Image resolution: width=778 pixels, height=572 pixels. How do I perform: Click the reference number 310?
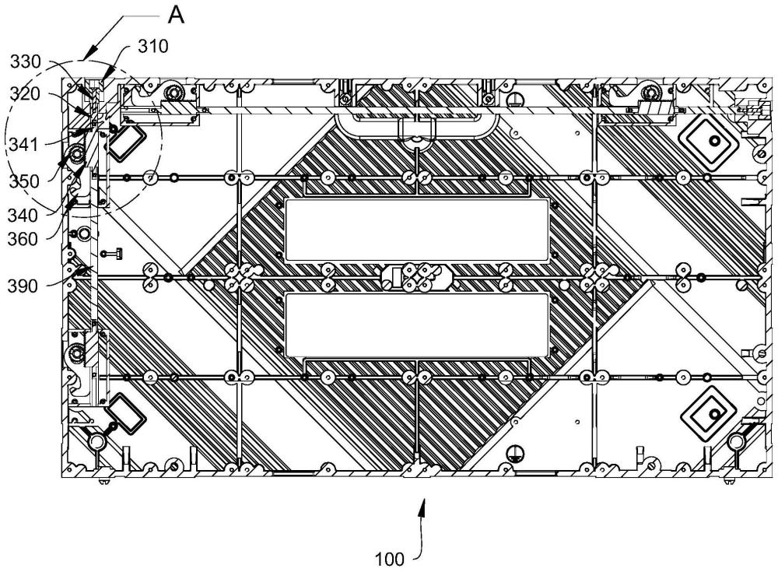[x=152, y=47]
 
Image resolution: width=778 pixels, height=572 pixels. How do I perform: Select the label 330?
[x=26, y=62]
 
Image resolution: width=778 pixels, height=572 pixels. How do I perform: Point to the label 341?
[x=23, y=145]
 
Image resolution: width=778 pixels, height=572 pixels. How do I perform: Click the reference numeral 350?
[x=24, y=181]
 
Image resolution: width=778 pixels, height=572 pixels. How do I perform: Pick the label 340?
[x=23, y=216]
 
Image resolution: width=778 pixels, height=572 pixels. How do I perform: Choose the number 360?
[x=23, y=240]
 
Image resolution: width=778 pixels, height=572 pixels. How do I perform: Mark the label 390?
[x=23, y=286]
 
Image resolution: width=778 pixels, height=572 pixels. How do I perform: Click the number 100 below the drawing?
[x=390, y=560]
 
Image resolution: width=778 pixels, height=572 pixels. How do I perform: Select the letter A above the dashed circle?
[x=176, y=16]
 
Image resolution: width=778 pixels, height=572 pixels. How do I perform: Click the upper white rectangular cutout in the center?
[x=418, y=230]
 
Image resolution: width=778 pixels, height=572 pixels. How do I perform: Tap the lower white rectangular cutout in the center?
[x=418, y=325]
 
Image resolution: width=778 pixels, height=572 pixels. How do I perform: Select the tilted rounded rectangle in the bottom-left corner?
[x=124, y=413]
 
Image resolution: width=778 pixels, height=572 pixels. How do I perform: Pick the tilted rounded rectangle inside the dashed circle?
[x=124, y=141]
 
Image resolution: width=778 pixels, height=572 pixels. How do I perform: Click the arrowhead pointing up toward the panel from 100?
[x=423, y=508]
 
